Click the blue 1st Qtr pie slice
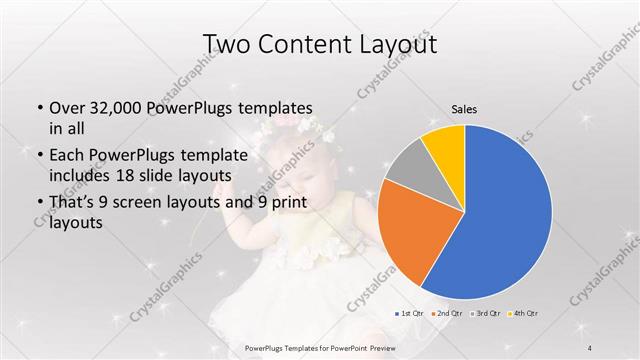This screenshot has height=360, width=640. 500,210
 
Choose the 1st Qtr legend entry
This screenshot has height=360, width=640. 410,313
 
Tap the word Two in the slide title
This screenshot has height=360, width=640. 227,44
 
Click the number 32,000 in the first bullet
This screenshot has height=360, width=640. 120,108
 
